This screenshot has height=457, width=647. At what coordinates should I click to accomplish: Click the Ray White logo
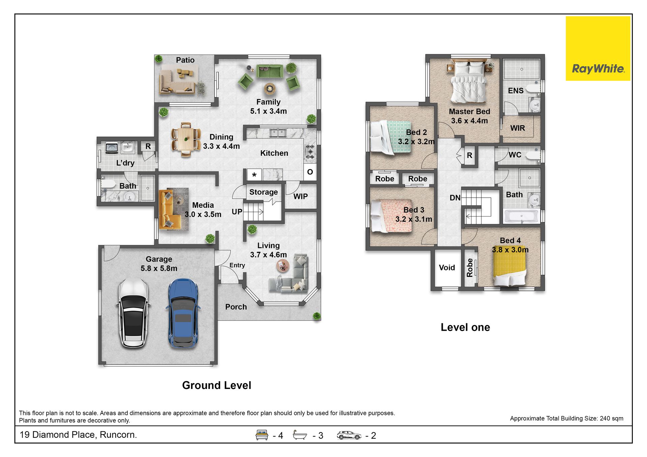598,48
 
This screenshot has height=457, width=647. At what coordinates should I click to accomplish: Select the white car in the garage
133,313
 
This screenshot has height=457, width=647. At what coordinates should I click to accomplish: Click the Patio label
185,60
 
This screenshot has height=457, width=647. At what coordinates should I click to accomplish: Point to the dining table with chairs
186,139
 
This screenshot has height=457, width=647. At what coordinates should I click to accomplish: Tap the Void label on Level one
447,267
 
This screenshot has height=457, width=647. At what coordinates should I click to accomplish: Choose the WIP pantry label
300,196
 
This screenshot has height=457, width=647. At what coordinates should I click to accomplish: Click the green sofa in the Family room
270,71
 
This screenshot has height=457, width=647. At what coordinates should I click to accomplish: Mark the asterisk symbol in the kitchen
254,175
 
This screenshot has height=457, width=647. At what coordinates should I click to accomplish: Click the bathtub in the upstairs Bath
521,216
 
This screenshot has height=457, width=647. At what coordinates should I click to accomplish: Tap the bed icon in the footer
262,435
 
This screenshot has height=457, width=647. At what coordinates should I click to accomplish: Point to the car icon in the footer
349,435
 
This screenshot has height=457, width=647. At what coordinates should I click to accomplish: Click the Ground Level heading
217,385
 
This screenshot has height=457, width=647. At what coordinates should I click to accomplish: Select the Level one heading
465,327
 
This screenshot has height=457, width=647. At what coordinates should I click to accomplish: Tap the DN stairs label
455,198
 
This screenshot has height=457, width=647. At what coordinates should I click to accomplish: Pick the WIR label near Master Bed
518,128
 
